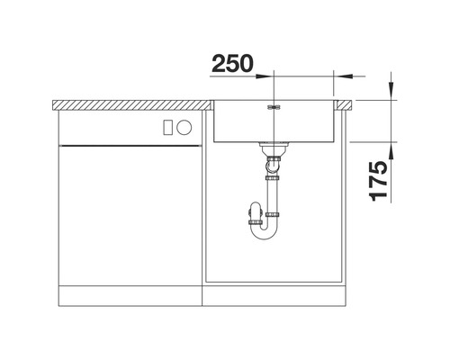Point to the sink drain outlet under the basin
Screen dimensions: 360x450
(x=270, y=147)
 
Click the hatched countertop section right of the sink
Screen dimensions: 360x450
(x=344, y=103)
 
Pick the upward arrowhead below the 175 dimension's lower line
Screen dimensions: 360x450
(x=393, y=148)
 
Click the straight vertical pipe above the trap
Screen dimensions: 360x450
(x=271, y=193)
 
